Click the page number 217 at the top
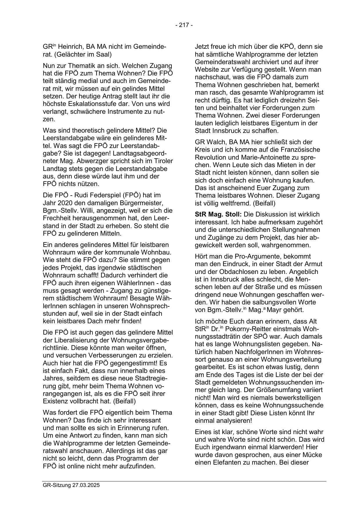tap(184, 25)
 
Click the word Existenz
tap(56, 401)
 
